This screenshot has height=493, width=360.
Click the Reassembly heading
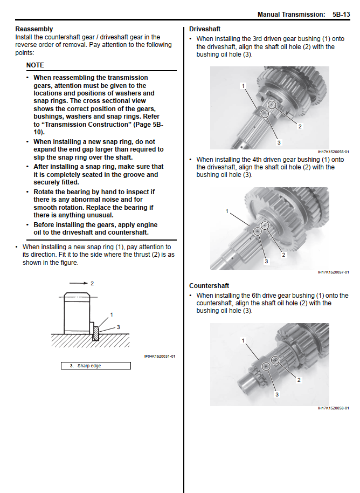(x=34, y=29)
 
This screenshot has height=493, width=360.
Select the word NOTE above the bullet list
(x=35, y=65)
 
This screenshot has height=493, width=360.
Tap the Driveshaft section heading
(x=205, y=29)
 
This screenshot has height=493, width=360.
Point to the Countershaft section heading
(x=209, y=286)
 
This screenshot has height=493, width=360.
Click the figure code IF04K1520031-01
(x=160, y=356)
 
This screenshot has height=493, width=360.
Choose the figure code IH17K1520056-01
(x=333, y=152)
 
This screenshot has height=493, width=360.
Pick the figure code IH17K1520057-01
(x=333, y=272)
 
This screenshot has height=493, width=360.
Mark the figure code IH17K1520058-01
(x=333, y=408)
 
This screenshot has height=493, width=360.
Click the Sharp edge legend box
(x=95, y=366)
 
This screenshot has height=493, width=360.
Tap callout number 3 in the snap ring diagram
(x=118, y=327)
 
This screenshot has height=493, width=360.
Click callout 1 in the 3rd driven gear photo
(x=243, y=86)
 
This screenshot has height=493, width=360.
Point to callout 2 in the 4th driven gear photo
(x=283, y=255)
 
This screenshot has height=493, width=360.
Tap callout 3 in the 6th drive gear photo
(x=277, y=394)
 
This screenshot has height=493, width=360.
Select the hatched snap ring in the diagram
(x=96, y=332)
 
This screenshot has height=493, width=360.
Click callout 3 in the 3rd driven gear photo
(x=279, y=142)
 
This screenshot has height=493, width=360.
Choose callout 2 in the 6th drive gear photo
(x=299, y=380)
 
